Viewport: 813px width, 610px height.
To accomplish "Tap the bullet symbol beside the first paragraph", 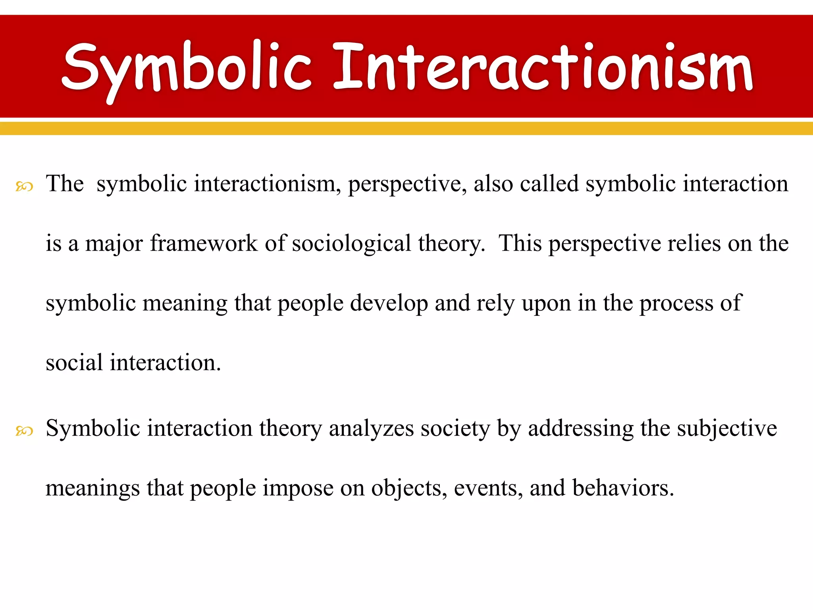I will pos(24,186).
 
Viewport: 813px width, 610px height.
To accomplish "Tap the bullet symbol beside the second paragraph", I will pos(24,430).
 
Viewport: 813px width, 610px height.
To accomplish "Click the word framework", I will pos(204,243).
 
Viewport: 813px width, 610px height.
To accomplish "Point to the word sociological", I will pos(351,243).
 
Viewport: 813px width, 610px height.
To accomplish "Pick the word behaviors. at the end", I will pos(623,488).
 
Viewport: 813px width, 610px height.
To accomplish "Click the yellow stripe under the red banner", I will pos(406,128).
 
